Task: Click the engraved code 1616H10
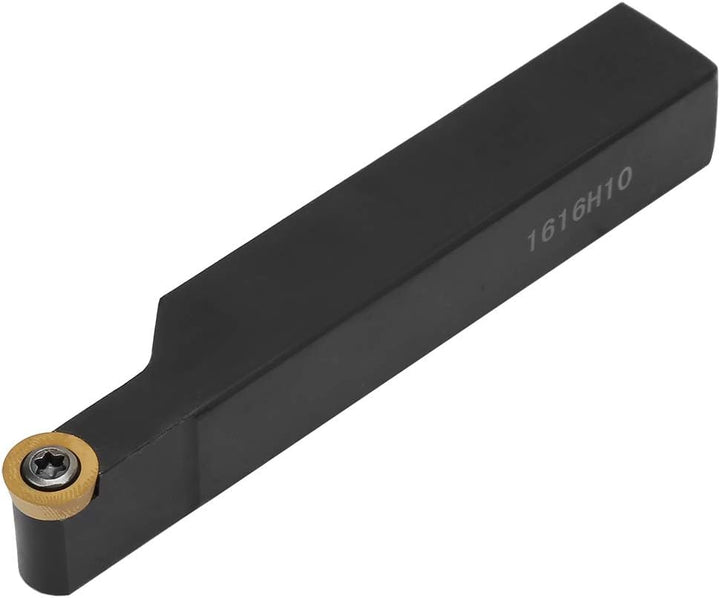pyautogui.click(x=580, y=209)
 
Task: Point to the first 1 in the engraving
pyautogui.click(x=534, y=240)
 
